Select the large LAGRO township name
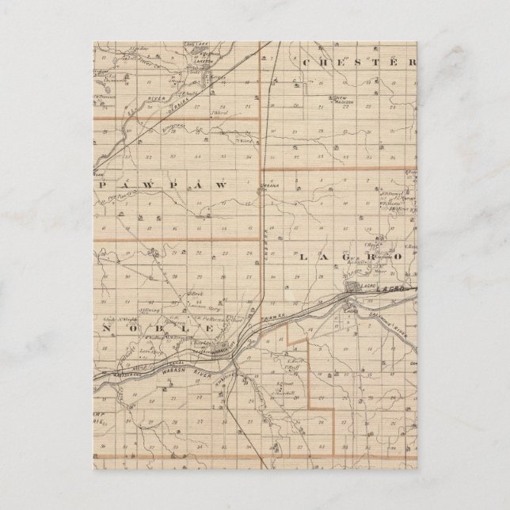point(348,257)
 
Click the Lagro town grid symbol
point(353,287)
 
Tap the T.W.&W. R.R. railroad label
point(265,317)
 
